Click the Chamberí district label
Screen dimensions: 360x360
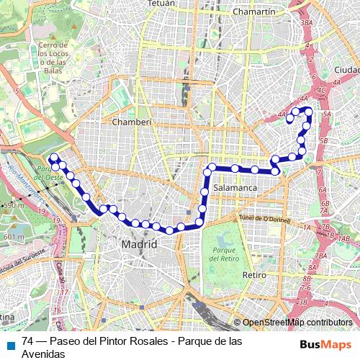click(x=132, y=122)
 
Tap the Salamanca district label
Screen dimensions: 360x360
click(x=235, y=187)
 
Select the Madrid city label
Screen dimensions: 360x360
click(x=139, y=245)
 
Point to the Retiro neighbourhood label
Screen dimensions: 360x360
click(x=255, y=275)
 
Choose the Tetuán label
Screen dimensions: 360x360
click(x=161, y=4)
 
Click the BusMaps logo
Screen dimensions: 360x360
click(x=330, y=343)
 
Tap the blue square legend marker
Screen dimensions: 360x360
click(x=9, y=343)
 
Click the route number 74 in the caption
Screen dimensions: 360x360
click(x=28, y=342)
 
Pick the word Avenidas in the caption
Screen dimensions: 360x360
click(x=44, y=354)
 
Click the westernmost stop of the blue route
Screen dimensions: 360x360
click(x=52, y=158)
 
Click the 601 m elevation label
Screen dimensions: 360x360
click(x=12, y=236)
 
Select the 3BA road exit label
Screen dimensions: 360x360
click(x=307, y=23)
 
